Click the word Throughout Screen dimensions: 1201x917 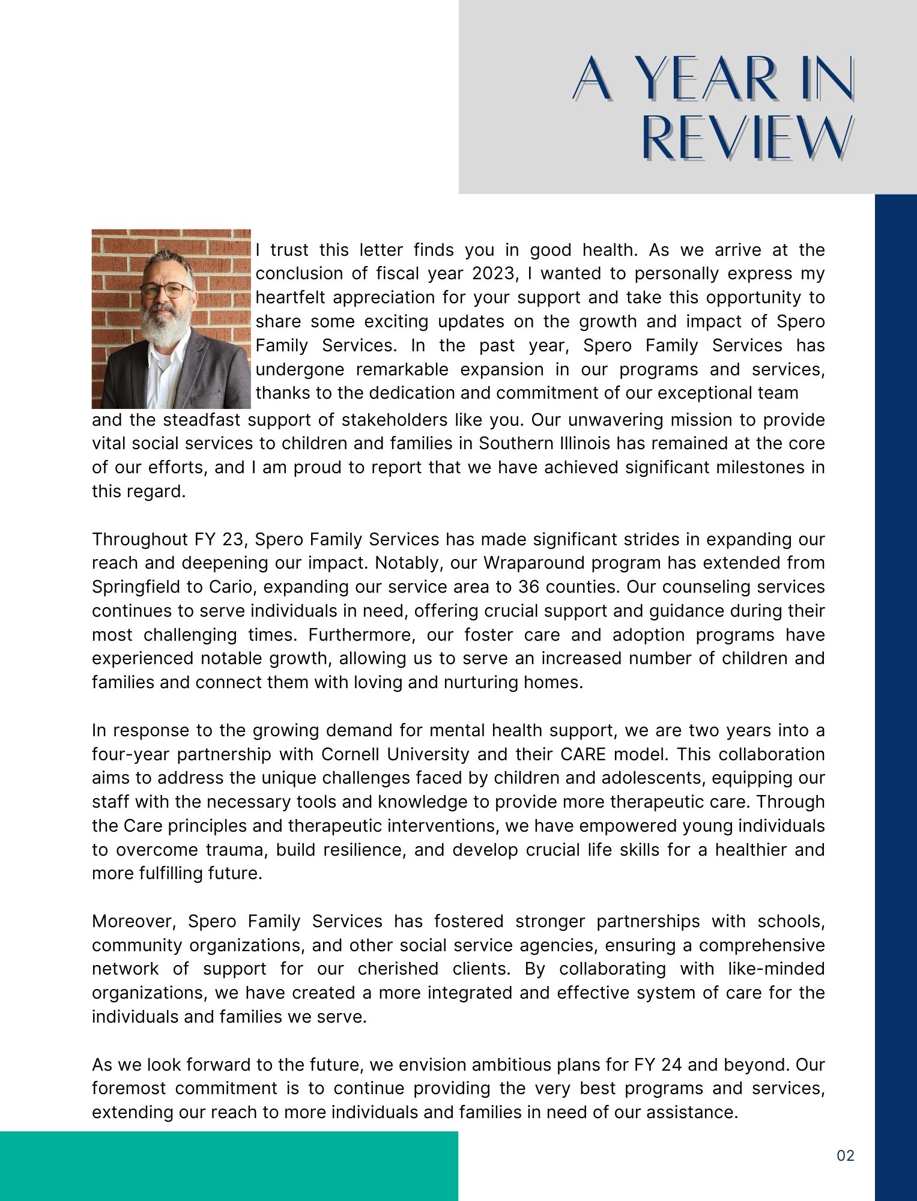[x=139, y=539]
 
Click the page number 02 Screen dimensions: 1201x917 [x=846, y=1156]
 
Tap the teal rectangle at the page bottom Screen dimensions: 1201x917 [x=228, y=1166]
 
